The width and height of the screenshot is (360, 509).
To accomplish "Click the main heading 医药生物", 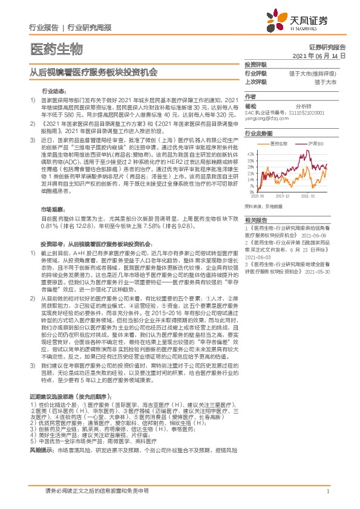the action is click(55, 48).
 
